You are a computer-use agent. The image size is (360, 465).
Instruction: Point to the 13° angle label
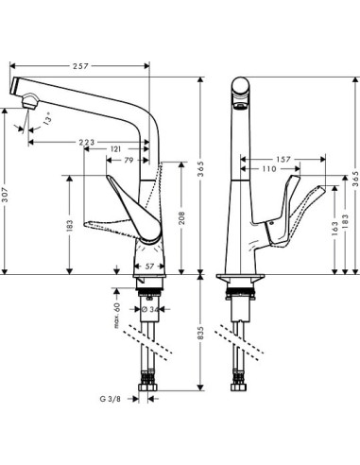47,121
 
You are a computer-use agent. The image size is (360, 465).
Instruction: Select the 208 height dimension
181,221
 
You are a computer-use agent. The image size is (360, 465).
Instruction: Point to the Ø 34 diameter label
154,309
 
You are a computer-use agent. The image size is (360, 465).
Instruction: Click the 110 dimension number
269,169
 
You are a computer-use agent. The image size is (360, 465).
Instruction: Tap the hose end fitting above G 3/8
148,387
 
